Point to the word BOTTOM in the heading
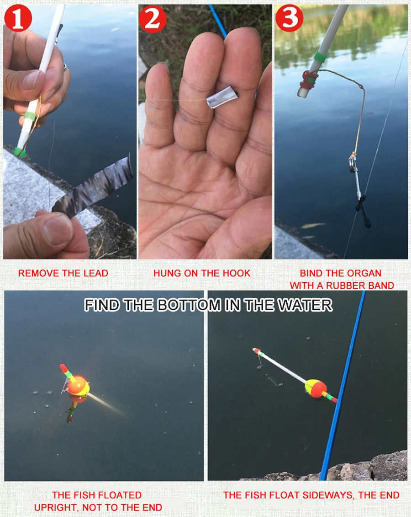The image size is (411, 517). (x=183, y=305)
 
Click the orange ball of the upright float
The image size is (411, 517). (x=79, y=385)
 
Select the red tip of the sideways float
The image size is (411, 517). (x=257, y=351)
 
